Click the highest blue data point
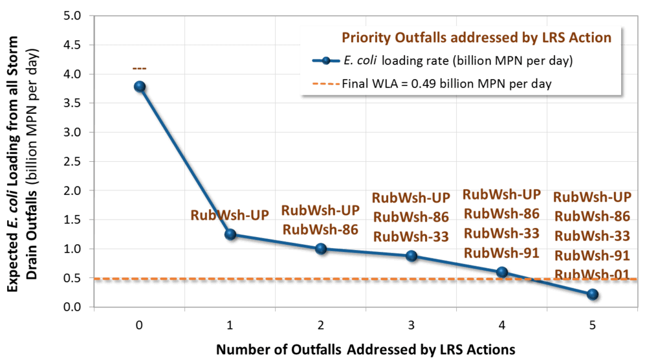[139, 86]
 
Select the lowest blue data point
[593, 295]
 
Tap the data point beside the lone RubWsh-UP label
[230, 234]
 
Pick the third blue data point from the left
[320, 249]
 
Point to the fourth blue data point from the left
[411, 256]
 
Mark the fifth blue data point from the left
[501, 273]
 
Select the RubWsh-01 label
[592, 274]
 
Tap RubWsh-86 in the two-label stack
[320, 229]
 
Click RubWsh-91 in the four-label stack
[501, 252]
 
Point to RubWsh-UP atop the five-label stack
[592, 197]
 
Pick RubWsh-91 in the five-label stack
[592, 255]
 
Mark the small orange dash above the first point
[139, 68]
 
